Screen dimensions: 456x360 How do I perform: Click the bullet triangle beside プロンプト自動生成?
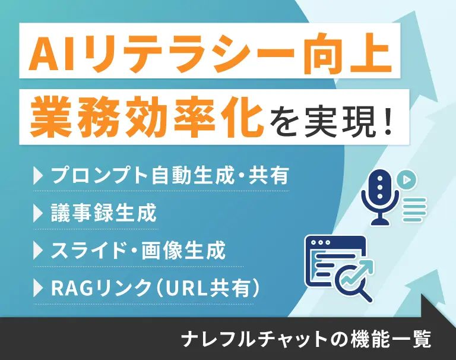pyautogui.click(x=38, y=175)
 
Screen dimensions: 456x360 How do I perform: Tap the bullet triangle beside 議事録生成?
pyautogui.click(x=38, y=213)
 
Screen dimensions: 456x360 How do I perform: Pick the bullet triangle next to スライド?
pyautogui.click(x=38, y=251)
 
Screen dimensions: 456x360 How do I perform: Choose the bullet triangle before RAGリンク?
pyautogui.click(x=38, y=288)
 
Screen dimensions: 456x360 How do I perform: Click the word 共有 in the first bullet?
pyautogui.click(x=268, y=175)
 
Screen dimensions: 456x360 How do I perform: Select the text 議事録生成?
pyautogui.click(x=104, y=213)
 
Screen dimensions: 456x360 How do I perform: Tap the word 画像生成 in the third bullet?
pyautogui.click(x=183, y=251)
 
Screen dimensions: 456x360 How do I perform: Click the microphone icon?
pyautogui.click(x=380, y=197)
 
